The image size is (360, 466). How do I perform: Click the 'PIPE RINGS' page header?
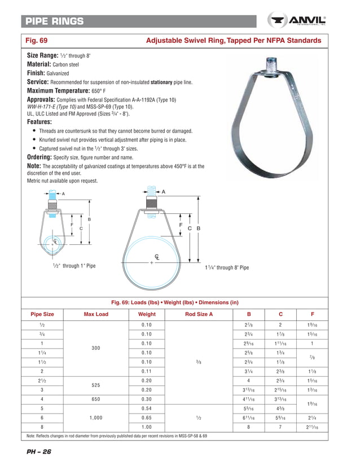click(x=54, y=21)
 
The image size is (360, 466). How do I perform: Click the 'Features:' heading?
click(x=39, y=122)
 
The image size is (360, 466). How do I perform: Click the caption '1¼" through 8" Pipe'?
click(x=226, y=267)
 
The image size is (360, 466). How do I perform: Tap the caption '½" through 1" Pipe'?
click(x=71, y=266)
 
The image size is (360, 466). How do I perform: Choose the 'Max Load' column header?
click(x=95, y=314)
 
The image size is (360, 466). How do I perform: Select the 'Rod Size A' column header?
click(x=199, y=314)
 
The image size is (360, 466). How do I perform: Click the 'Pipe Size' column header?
click(x=42, y=314)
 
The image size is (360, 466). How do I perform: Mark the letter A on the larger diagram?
click(x=164, y=192)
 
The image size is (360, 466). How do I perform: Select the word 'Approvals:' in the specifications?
click(x=46, y=99)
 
